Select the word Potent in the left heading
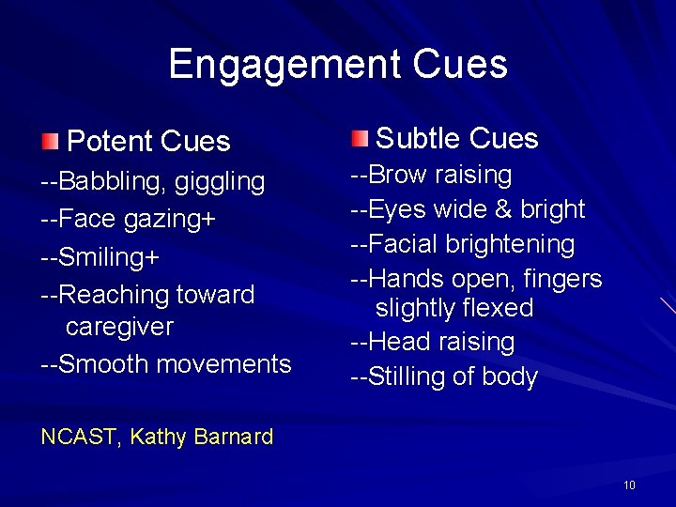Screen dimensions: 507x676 [108, 142]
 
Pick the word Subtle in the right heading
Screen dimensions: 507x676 [416, 139]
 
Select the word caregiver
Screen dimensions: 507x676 [119, 327]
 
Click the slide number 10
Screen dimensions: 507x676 [629, 484]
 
